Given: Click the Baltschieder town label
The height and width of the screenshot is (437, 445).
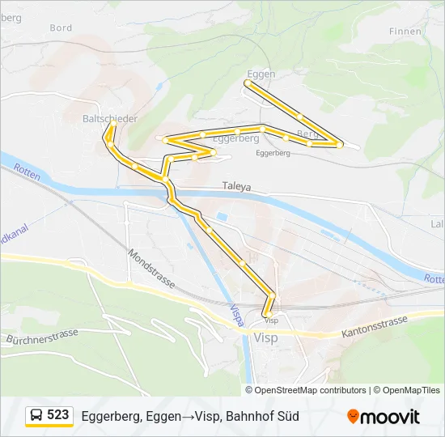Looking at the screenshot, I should coord(110,118).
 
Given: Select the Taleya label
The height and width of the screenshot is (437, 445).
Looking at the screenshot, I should coord(237,186).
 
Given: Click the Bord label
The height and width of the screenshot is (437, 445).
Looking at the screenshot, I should coord(61,28).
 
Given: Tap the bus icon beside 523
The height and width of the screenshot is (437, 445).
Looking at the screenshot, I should coord(36,416).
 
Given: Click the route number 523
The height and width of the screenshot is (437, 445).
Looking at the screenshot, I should coord(57,415).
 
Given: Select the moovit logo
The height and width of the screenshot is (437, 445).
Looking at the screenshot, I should coord(384,417).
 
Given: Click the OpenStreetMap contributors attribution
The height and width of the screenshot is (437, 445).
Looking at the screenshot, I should coord(310,390).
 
